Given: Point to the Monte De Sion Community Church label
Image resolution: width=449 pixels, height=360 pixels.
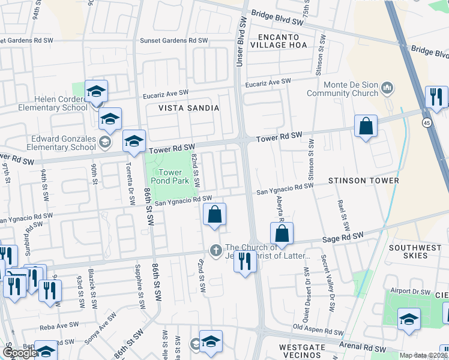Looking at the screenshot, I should (x=342, y=89).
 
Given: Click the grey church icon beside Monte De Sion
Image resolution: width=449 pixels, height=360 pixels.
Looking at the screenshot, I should (x=387, y=89).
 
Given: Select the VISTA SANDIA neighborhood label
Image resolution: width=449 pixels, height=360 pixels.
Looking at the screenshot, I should (x=188, y=108).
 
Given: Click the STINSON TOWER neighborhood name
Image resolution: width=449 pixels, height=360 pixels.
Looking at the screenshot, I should (x=363, y=180).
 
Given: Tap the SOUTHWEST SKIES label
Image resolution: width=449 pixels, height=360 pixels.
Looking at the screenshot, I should (x=417, y=251).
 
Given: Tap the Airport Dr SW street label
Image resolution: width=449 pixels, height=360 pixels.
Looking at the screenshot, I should (x=409, y=292).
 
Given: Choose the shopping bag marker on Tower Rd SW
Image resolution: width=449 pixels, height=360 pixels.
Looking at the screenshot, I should (x=365, y=127).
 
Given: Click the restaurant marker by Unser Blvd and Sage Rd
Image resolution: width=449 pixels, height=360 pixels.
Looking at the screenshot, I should (x=244, y=262).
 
